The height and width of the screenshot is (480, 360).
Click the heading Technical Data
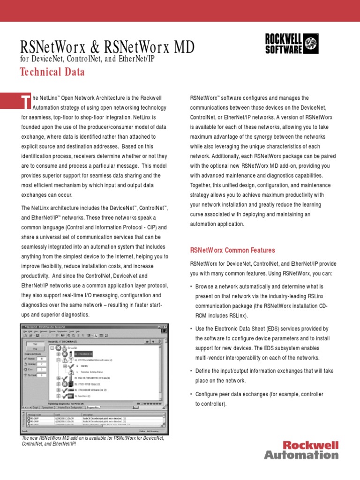[x=52, y=72]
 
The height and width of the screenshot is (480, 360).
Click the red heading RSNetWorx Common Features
[x=232, y=250]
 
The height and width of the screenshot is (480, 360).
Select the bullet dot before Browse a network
[x=191, y=286]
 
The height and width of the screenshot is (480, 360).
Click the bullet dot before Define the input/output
[x=191, y=371]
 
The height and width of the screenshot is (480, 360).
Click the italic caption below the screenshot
[x=93, y=441]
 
